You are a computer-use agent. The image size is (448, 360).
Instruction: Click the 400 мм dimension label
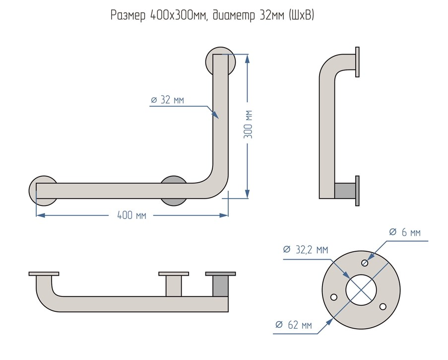coord(131,215)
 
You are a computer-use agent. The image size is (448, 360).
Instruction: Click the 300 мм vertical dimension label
coord(249,124)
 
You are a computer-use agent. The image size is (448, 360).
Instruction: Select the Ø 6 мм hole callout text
coord(405,232)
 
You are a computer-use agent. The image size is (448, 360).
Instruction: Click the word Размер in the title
coord(128,16)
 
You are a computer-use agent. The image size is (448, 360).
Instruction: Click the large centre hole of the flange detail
coord(361,289)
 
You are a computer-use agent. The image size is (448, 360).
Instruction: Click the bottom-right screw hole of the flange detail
coord(382,305)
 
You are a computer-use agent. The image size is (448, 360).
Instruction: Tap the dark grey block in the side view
coord(345,191)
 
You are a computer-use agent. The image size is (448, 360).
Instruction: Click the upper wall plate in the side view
coord(357,62)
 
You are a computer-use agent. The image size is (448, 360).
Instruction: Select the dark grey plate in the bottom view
coord(221,274)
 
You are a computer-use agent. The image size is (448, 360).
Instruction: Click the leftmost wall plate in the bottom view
coord(44,274)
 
